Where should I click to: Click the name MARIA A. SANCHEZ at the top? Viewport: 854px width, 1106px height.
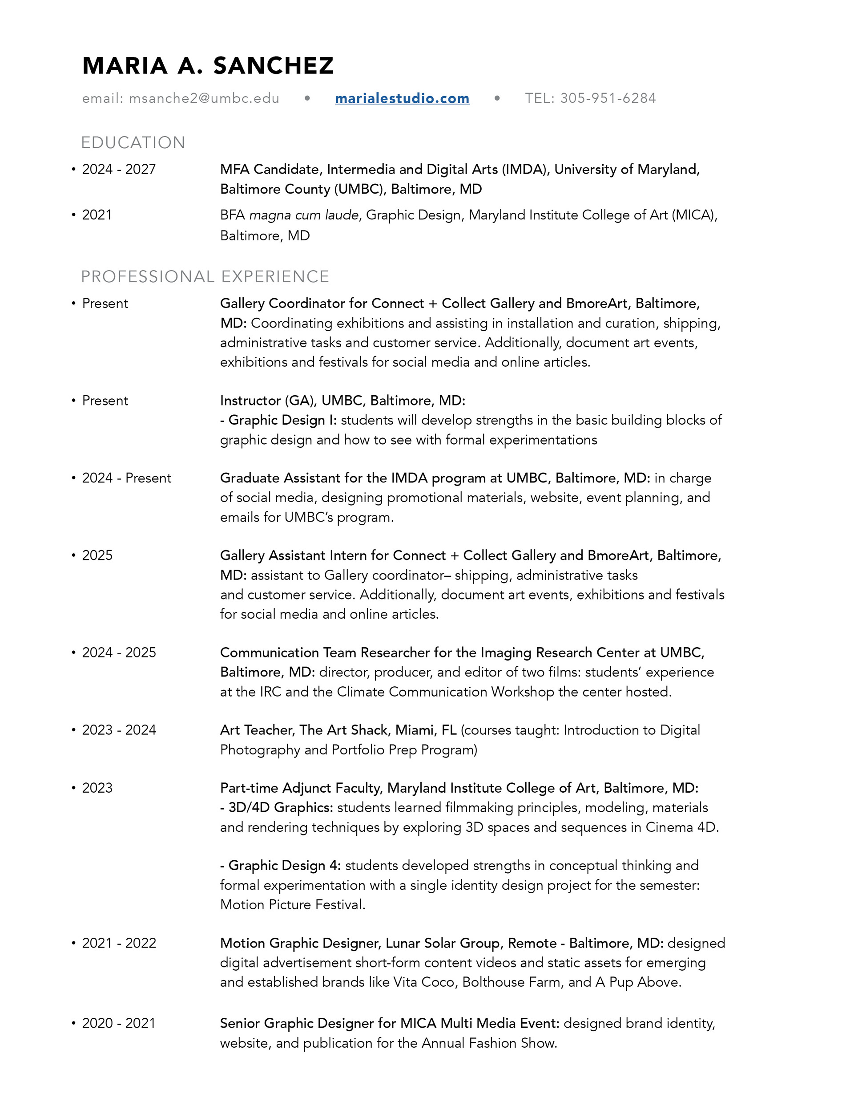[208, 66]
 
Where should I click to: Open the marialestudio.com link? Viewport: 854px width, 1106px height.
[402, 98]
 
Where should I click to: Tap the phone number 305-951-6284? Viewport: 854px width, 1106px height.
[608, 98]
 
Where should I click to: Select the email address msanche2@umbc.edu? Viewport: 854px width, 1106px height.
[204, 98]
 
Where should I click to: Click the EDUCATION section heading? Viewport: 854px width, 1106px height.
[133, 143]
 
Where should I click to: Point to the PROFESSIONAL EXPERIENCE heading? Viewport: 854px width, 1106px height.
[205, 276]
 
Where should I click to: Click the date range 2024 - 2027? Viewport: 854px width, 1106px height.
[119, 169]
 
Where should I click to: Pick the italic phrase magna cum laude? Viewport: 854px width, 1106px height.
[304, 215]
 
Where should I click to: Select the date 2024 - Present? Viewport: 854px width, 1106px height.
[127, 478]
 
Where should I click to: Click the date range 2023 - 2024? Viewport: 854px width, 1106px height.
[119, 730]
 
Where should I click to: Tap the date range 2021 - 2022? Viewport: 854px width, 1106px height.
[119, 943]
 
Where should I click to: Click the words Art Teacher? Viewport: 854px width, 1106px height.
[257, 730]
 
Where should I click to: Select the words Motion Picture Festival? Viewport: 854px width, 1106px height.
[292, 904]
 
